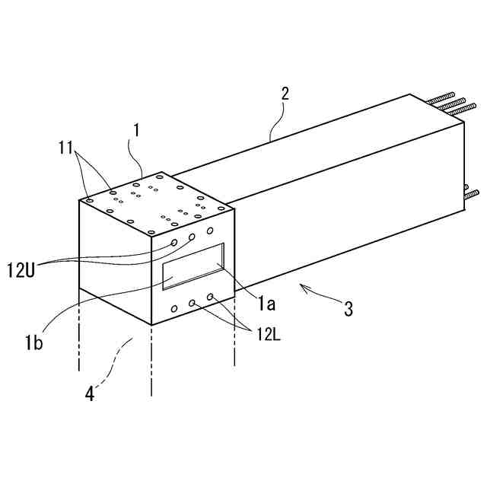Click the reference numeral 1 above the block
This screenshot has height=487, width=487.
[136, 130]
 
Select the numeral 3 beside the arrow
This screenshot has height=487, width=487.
[348, 309]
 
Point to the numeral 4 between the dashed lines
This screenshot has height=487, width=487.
[90, 393]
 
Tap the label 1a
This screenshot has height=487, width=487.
[265, 305]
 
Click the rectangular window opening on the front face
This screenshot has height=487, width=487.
[193, 266]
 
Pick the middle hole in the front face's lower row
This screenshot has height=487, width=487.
[193, 303]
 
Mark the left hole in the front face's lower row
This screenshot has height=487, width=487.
[175, 308]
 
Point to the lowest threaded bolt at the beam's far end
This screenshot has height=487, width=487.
[473, 193]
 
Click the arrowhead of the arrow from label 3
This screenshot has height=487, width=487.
[301, 286]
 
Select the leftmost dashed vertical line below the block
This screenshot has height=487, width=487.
[79, 335]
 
